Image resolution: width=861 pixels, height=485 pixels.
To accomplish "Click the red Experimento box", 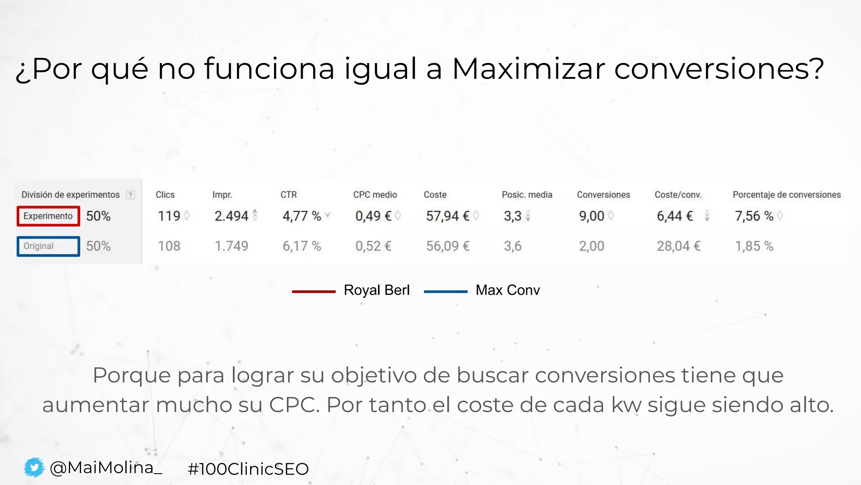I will (x=48, y=216).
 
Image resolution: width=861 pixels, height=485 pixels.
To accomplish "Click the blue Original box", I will (x=48, y=246).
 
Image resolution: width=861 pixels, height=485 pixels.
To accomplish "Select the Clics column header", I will (x=165, y=195).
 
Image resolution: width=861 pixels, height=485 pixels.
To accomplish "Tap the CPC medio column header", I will (x=375, y=195).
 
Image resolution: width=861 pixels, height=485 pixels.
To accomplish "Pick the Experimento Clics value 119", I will (x=169, y=216).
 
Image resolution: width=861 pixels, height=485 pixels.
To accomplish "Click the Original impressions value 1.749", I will (x=231, y=246).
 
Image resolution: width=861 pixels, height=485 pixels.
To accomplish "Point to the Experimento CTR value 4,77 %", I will (x=301, y=216).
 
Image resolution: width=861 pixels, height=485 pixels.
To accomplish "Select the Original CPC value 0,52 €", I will (x=373, y=246).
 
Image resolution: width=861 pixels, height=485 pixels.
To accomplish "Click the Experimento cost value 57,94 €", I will (x=448, y=216).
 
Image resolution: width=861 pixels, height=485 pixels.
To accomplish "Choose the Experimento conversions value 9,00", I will (x=592, y=216).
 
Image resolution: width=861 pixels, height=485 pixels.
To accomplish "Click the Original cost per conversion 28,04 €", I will (x=679, y=246).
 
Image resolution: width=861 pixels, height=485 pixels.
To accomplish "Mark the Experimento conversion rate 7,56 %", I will (x=754, y=216).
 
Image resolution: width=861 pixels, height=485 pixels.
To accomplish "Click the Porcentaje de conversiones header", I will (x=787, y=195).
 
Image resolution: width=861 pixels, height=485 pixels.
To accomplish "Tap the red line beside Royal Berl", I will (x=314, y=291).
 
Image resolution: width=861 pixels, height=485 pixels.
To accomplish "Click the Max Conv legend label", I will (x=507, y=290).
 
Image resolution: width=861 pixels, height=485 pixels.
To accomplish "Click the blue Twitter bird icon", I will (x=34, y=467).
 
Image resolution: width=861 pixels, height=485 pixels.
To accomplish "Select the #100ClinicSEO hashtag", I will (x=248, y=469).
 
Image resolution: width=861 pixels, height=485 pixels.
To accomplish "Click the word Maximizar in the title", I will (x=529, y=68).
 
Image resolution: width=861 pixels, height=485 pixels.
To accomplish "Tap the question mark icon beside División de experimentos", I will (x=131, y=195).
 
